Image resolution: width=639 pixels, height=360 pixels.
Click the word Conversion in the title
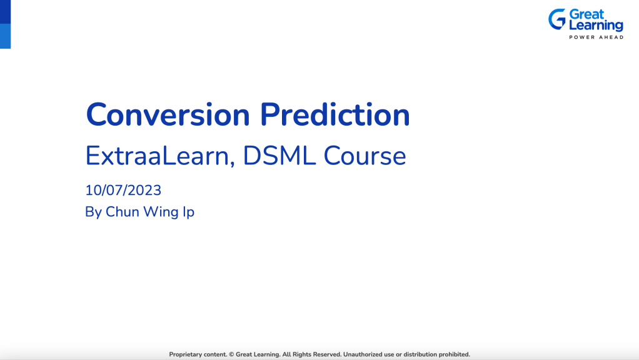point(168,114)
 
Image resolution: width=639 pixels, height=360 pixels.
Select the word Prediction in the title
point(335,114)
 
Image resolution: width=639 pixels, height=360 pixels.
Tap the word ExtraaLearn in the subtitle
point(160,156)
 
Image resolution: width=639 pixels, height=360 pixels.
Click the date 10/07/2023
point(123,190)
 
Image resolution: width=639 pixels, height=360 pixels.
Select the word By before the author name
point(93,212)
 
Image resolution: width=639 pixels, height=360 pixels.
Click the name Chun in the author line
point(123,212)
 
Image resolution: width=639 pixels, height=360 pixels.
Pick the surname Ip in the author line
point(188,212)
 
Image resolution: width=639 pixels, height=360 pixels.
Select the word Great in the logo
point(586,14)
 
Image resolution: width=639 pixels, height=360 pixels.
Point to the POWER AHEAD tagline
point(595,37)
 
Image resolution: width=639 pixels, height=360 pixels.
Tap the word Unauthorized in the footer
point(363,354)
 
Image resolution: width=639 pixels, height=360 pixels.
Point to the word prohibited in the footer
point(451,354)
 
